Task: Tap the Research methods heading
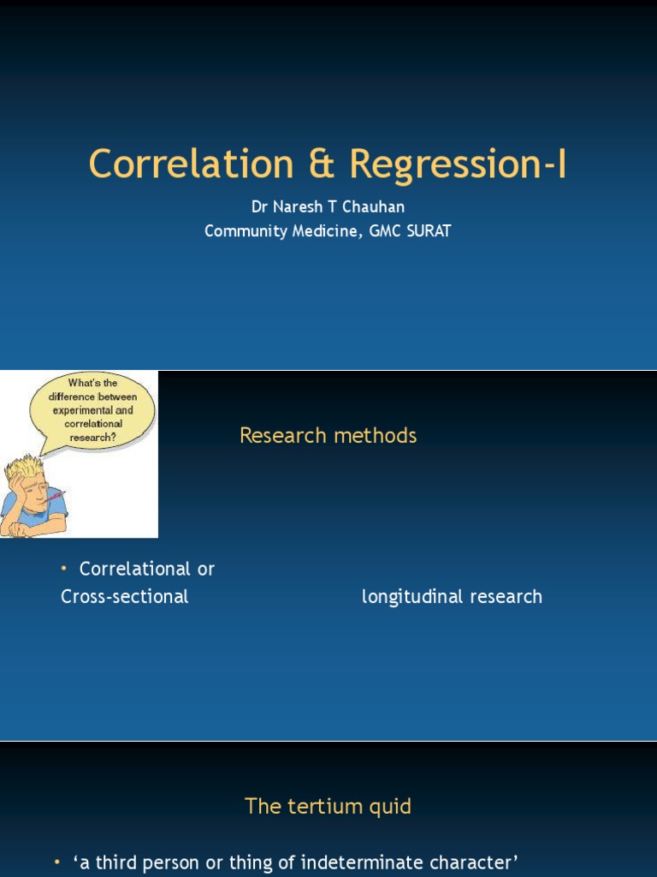(328, 435)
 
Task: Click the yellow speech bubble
(92, 409)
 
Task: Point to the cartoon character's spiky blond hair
(26, 469)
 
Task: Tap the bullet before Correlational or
(64, 569)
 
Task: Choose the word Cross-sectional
(125, 596)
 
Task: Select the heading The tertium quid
(328, 806)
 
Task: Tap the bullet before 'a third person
(57, 862)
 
